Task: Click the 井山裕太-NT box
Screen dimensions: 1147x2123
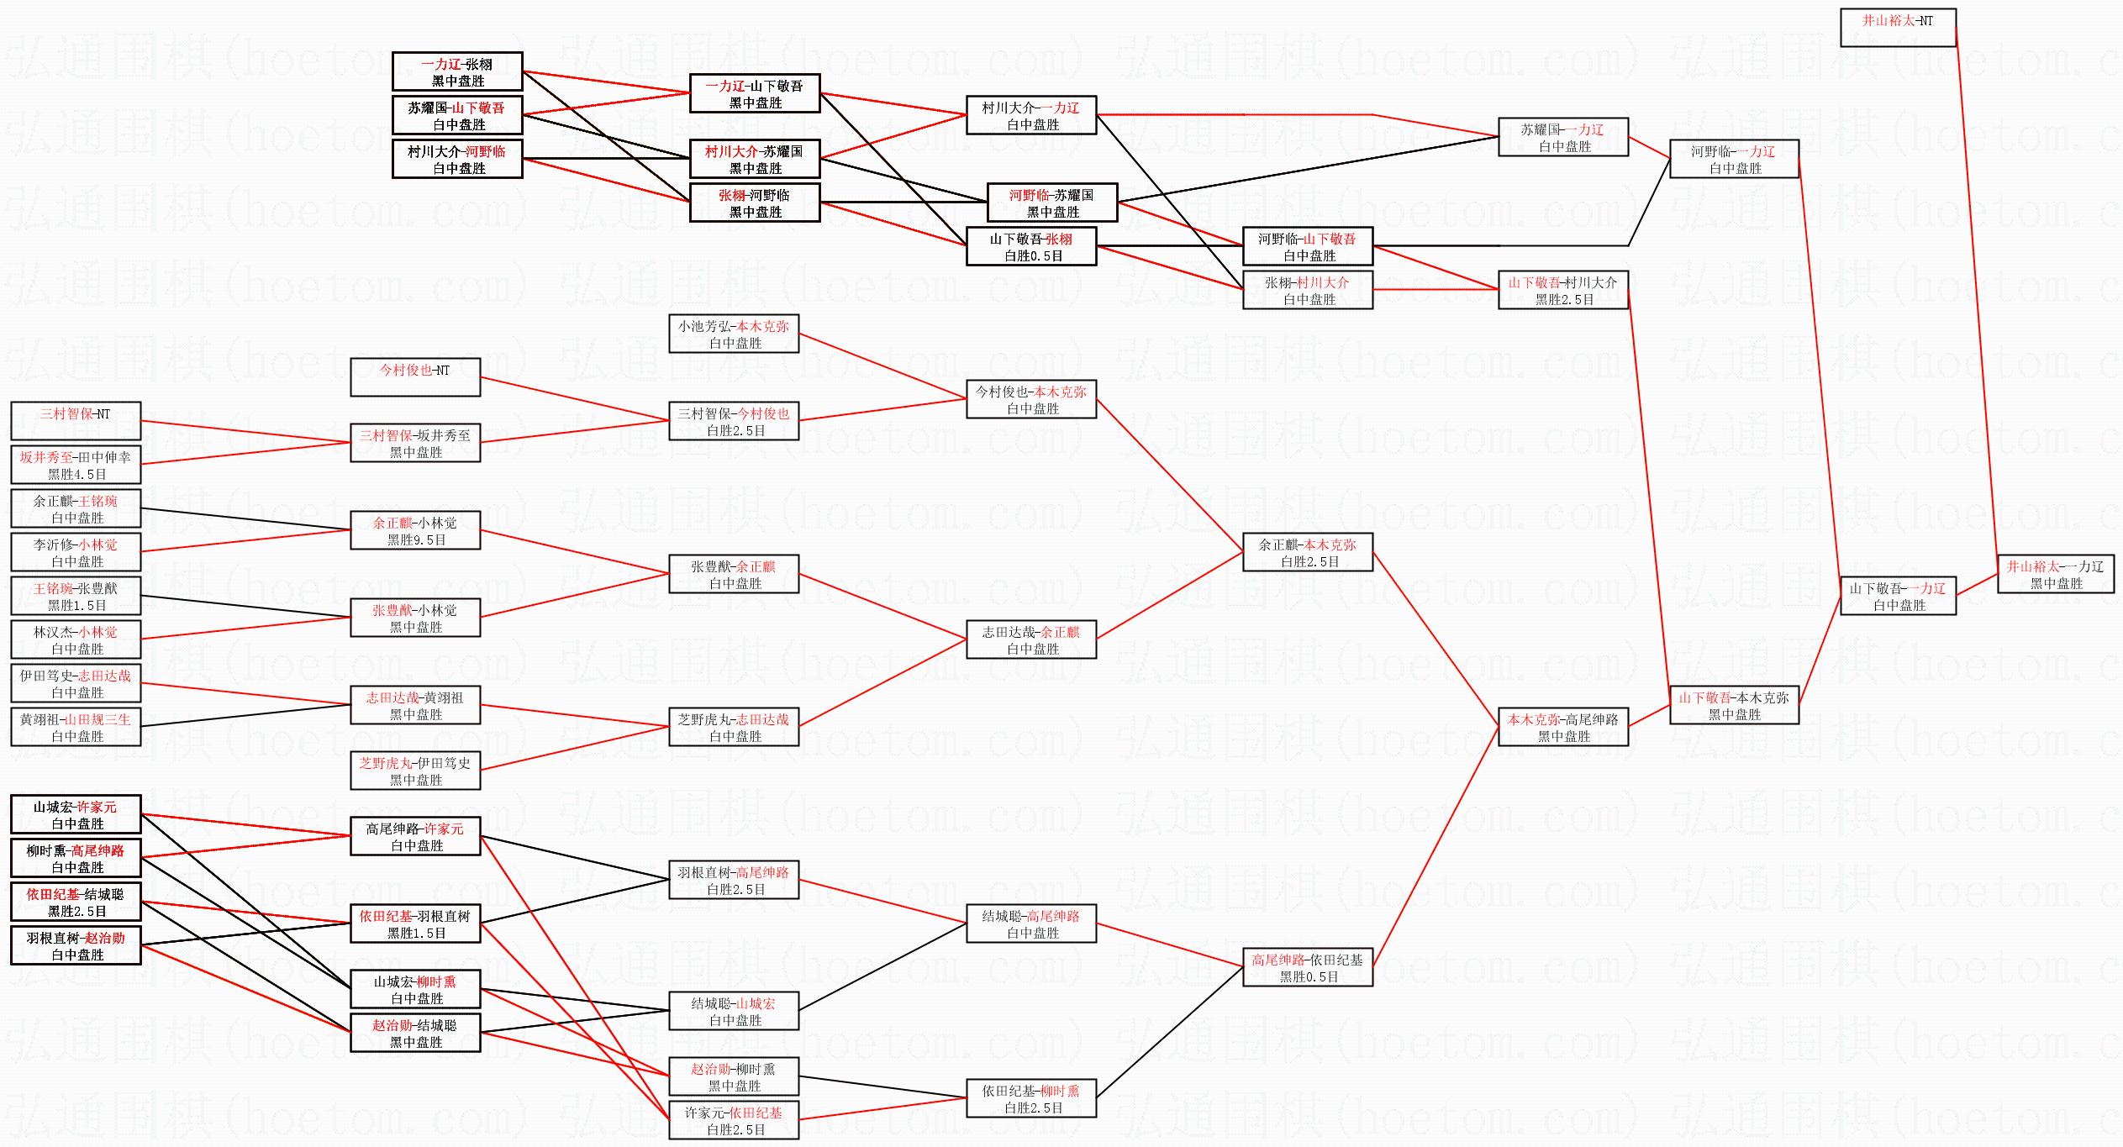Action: click(1898, 28)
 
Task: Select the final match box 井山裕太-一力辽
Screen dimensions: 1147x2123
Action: click(2055, 574)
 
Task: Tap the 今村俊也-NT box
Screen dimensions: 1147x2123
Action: click(415, 377)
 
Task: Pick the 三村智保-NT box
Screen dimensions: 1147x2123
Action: click(76, 421)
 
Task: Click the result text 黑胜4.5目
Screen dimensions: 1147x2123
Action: click(76, 474)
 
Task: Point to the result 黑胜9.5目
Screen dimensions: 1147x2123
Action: click(416, 539)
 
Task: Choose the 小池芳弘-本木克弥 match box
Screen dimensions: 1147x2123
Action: click(734, 334)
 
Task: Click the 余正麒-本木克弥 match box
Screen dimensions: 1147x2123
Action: click(1307, 552)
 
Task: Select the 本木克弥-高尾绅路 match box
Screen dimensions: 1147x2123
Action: click(1562, 727)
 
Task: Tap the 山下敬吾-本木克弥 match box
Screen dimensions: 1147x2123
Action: click(1734, 705)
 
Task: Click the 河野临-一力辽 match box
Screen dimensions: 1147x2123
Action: click(1734, 159)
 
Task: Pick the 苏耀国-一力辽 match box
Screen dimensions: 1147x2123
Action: click(1562, 137)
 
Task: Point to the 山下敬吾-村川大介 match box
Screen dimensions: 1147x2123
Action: click(1562, 290)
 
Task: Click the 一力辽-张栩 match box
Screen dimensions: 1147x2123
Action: click(457, 71)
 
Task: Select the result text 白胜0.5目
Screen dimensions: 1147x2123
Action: click(1033, 255)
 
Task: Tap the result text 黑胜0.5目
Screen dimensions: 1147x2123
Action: click(1309, 976)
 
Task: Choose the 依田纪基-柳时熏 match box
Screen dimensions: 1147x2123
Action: click(1031, 1098)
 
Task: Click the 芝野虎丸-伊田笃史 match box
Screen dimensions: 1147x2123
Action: click(415, 771)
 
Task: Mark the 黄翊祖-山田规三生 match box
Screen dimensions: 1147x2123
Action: click(76, 727)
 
